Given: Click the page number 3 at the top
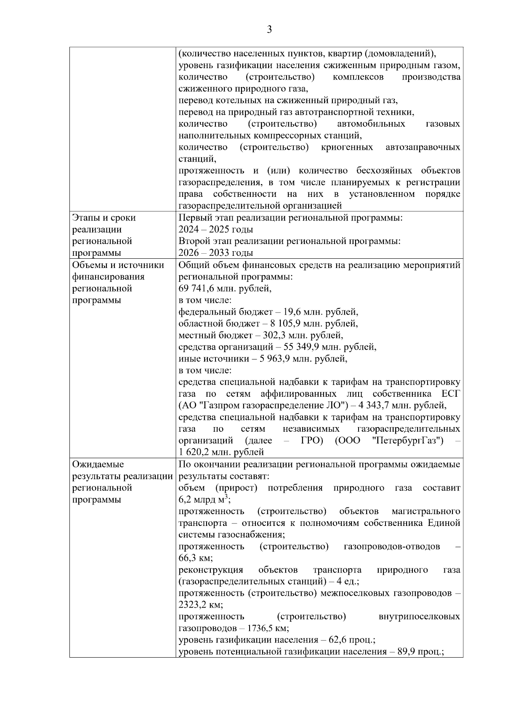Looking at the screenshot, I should pyautogui.click(x=269, y=29).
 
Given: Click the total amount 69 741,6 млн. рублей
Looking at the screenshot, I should pyautogui.click(x=225, y=289).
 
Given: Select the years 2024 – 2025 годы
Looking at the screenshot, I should pyautogui.click(x=215, y=230).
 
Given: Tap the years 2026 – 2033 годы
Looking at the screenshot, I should pyautogui.click(x=215, y=253).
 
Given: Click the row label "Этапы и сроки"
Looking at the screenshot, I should pyautogui.click(x=104, y=218).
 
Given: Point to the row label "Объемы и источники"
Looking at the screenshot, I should pyautogui.click(x=118, y=265).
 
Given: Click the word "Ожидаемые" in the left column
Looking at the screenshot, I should pyautogui.click(x=98, y=464).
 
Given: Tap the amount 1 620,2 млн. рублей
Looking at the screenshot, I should pyautogui.click(x=221, y=453).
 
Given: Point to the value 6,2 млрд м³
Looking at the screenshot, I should pyautogui.click(x=204, y=500).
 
